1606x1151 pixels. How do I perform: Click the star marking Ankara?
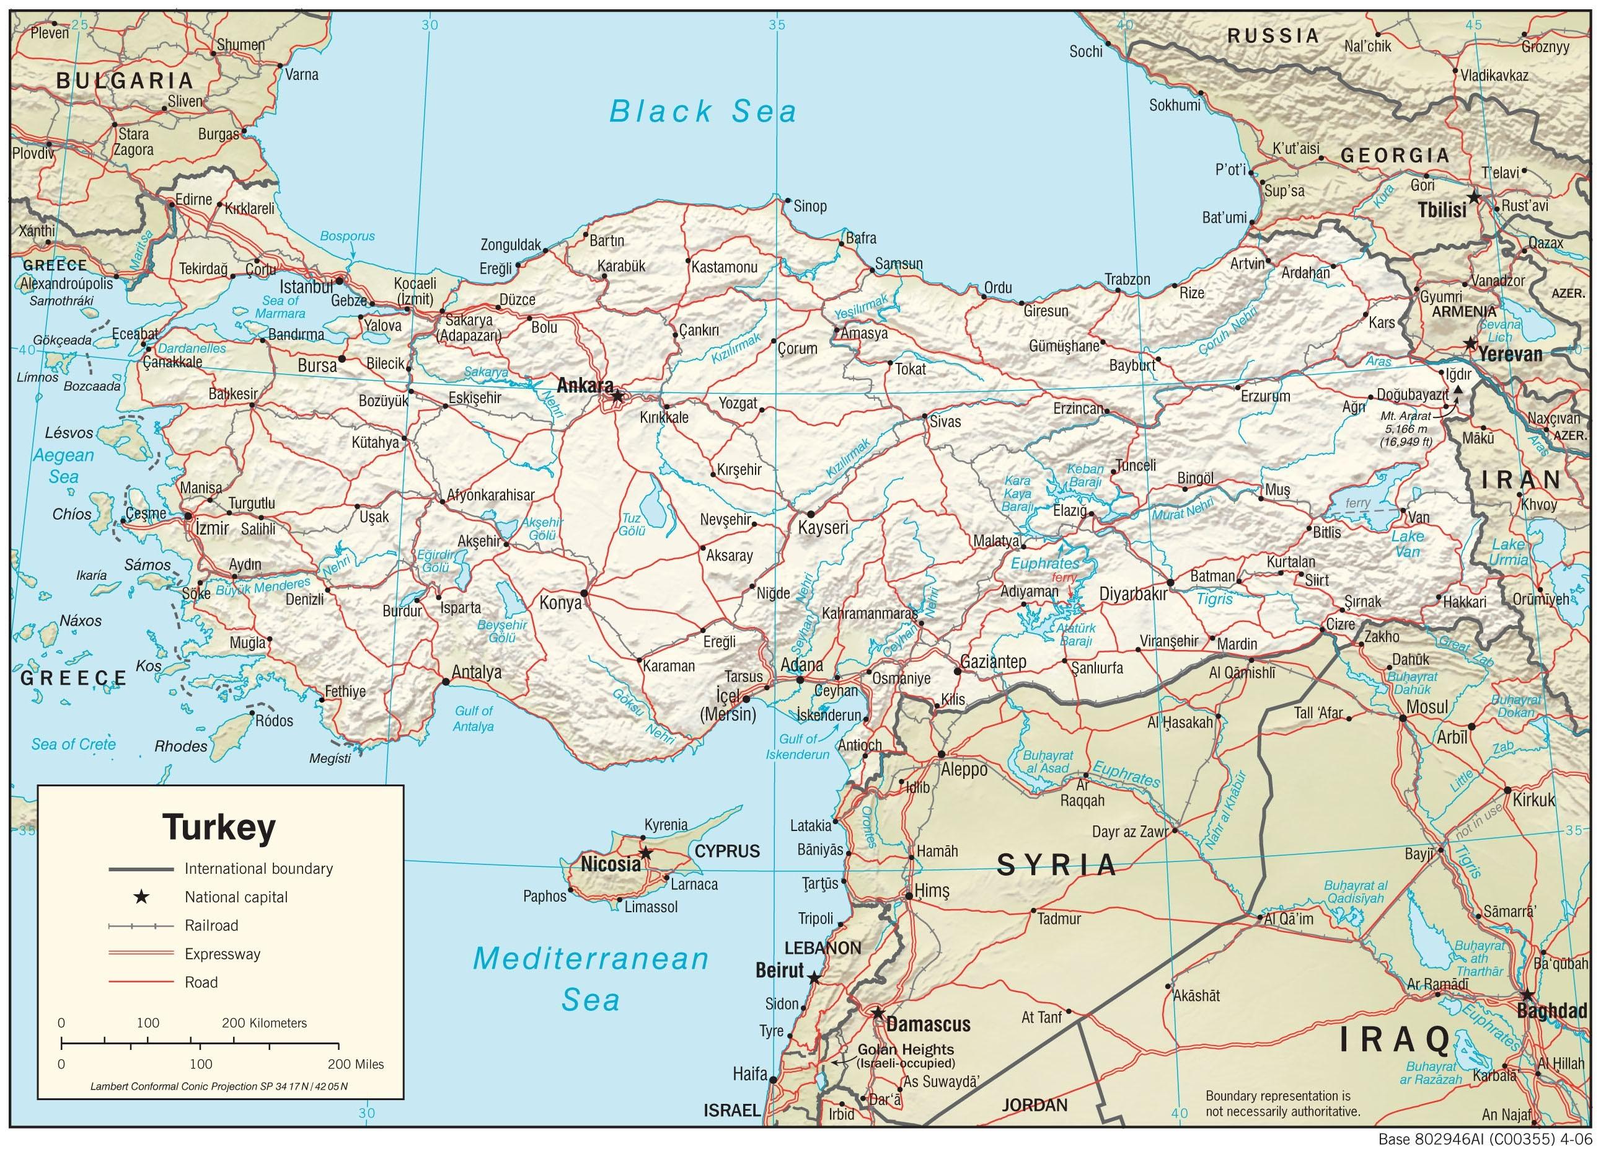coord(617,396)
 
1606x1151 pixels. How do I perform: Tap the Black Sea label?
coord(703,112)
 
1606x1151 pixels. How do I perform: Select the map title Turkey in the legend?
coord(219,827)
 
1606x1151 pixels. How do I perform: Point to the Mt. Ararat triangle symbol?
coord(1458,389)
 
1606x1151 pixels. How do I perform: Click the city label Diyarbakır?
coord(1132,595)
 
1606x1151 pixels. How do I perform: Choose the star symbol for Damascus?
coord(878,1013)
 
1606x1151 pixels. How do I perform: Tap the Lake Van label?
coord(1407,544)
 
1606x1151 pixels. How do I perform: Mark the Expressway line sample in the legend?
coord(141,954)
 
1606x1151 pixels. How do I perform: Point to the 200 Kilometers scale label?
coord(264,1023)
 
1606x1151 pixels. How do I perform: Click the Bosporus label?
coord(347,236)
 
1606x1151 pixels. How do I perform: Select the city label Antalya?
coord(476,672)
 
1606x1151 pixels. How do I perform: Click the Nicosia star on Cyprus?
coord(645,853)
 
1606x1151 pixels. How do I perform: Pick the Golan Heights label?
coord(906,1050)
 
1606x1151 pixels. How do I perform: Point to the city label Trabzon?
coord(1127,280)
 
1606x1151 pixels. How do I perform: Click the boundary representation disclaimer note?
coord(1282,1103)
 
